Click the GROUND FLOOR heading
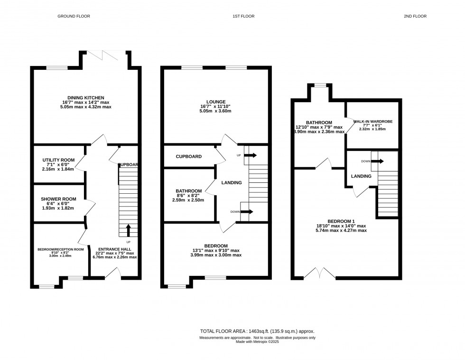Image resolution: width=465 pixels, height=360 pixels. pos(74,16)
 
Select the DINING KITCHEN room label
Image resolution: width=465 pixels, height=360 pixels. pos(86,98)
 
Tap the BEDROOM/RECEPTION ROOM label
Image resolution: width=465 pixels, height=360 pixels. pos(61,249)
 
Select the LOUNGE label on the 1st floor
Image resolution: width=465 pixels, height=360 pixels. pos(216,102)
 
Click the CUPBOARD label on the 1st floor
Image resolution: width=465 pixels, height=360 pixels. pos(189,157)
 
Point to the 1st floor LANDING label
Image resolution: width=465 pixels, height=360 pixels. pos(232,183)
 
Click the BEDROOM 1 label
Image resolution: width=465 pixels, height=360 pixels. pos(341,221)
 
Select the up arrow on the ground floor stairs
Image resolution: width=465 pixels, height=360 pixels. pos(128,231)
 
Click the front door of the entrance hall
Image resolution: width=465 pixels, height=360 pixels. pos(112,273)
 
